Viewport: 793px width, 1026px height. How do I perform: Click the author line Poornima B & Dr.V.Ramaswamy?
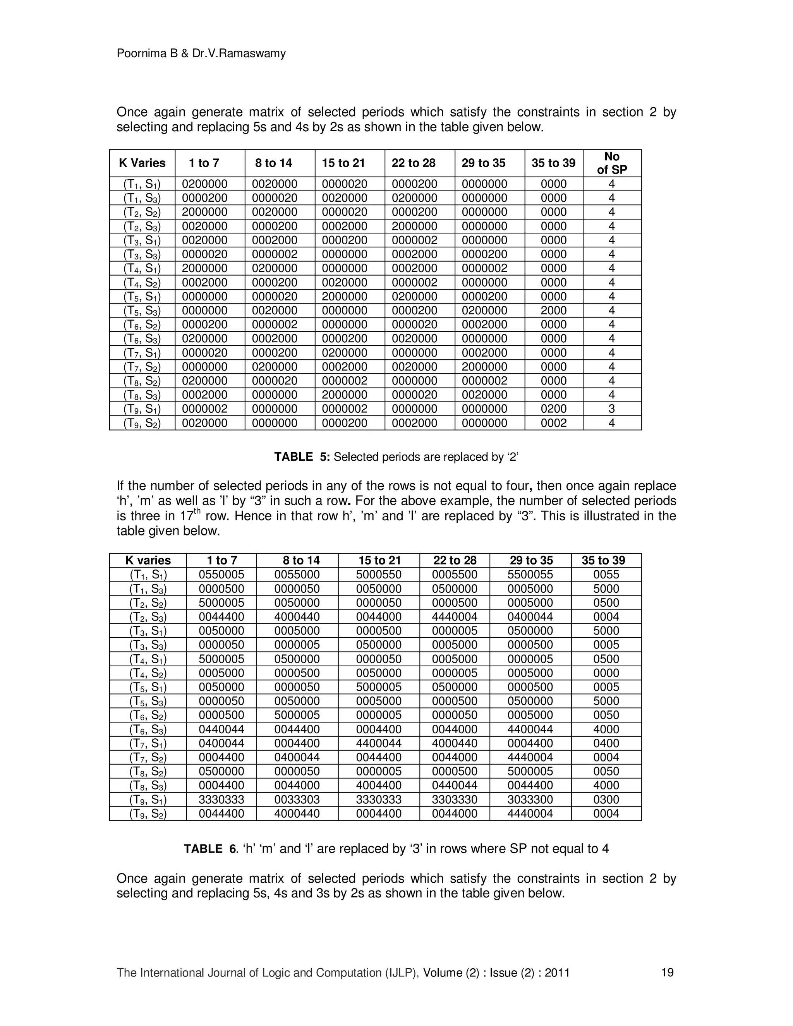[201, 53]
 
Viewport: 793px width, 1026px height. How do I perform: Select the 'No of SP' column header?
[612, 163]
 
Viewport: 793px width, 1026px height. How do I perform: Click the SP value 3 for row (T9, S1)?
[612, 409]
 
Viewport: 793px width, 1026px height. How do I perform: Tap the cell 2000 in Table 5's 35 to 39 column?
[553, 311]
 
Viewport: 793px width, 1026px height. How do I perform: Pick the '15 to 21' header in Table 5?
[343, 163]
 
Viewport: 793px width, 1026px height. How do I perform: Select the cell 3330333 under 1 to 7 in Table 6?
[221, 800]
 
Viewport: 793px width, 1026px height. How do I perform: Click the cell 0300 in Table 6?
[606, 800]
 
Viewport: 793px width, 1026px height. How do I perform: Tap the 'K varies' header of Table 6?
[148, 561]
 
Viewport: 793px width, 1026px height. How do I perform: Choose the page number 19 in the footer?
[667, 973]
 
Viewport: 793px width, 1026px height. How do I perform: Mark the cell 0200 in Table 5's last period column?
[553, 409]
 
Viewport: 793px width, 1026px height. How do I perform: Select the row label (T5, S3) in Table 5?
[142, 311]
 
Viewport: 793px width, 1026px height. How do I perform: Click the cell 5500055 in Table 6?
[530, 575]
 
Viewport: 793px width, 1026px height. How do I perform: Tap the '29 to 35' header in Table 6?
[531, 561]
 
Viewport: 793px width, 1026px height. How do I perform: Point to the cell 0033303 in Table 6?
[297, 800]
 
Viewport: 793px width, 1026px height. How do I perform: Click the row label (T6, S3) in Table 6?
[148, 729]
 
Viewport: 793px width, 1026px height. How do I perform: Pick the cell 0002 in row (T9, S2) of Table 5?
[553, 423]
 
